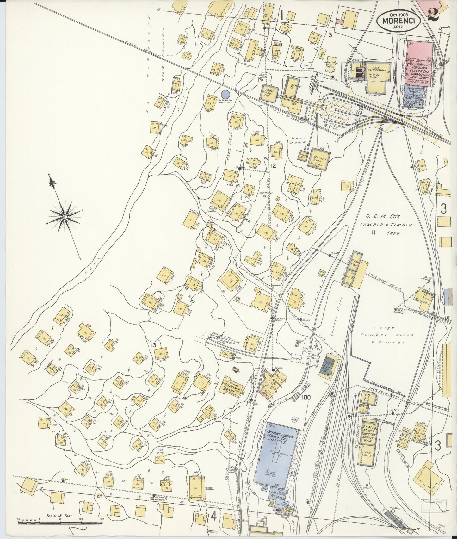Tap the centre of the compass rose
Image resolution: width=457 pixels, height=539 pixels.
pyautogui.click(x=64, y=217)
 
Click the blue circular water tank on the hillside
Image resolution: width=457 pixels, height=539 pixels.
pyautogui.click(x=225, y=94)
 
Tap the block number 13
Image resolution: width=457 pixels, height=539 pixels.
pyautogui.click(x=154, y=345)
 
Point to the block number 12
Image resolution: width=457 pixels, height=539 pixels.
pyautogui.click(x=273, y=165)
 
